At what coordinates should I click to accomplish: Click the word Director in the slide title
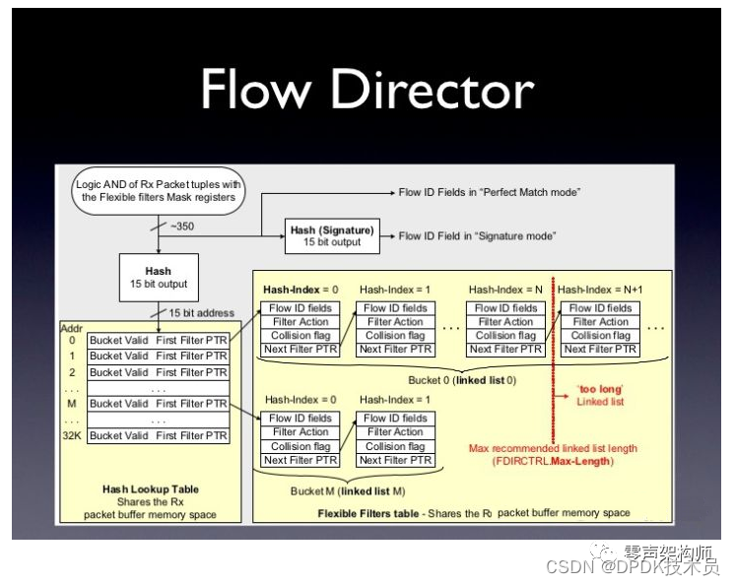tap(433, 90)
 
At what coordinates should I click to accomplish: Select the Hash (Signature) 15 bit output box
tap(331, 235)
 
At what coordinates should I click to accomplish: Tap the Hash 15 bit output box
tap(158, 277)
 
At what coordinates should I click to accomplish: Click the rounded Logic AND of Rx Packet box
tap(159, 190)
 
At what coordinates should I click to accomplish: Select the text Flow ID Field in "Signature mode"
tap(477, 236)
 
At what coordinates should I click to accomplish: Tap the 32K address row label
tap(71, 435)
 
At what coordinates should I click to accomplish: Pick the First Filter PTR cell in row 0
tap(191, 340)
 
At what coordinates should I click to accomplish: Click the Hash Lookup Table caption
tap(150, 489)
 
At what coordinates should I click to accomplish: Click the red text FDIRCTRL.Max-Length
tap(552, 461)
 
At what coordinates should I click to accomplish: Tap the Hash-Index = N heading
tap(504, 290)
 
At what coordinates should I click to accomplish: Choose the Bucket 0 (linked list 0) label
tap(462, 379)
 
